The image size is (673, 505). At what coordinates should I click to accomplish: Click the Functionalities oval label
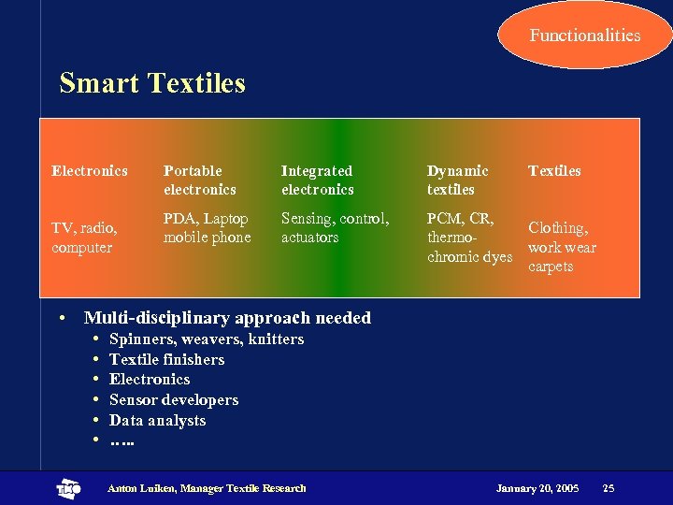[x=585, y=36]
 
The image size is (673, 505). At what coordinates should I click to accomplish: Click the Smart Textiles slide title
[x=152, y=83]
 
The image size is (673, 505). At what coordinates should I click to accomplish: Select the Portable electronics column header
[x=199, y=180]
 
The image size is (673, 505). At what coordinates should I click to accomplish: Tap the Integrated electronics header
[x=317, y=180]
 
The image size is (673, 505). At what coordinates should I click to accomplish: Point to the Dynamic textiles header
[x=457, y=180]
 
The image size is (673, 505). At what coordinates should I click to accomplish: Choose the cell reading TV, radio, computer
[x=84, y=238]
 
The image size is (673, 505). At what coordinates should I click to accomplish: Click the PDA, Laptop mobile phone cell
[x=207, y=228]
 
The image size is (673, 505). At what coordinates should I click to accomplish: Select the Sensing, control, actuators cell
[x=335, y=228]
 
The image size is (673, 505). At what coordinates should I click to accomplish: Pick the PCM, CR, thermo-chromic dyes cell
[x=469, y=238]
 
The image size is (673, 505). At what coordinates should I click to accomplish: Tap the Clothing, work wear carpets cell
[x=562, y=247]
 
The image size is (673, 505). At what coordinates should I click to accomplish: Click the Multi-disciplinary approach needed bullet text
[x=227, y=318]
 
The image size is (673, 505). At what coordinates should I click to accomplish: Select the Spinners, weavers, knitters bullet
[x=206, y=339]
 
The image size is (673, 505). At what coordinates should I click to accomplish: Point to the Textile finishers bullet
[x=166, y=359]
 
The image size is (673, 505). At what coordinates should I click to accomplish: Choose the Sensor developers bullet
[x=173, y=399]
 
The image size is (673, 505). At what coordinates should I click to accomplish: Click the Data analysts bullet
[x=157, y=420]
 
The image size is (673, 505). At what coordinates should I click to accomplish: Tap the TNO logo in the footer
[x=68, y=488]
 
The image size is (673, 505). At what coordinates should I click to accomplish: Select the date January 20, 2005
[x=537, y=488]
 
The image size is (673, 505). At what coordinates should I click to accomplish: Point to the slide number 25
[x=609, y=488]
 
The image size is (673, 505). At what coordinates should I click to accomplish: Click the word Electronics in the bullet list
[x=150, y=379]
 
